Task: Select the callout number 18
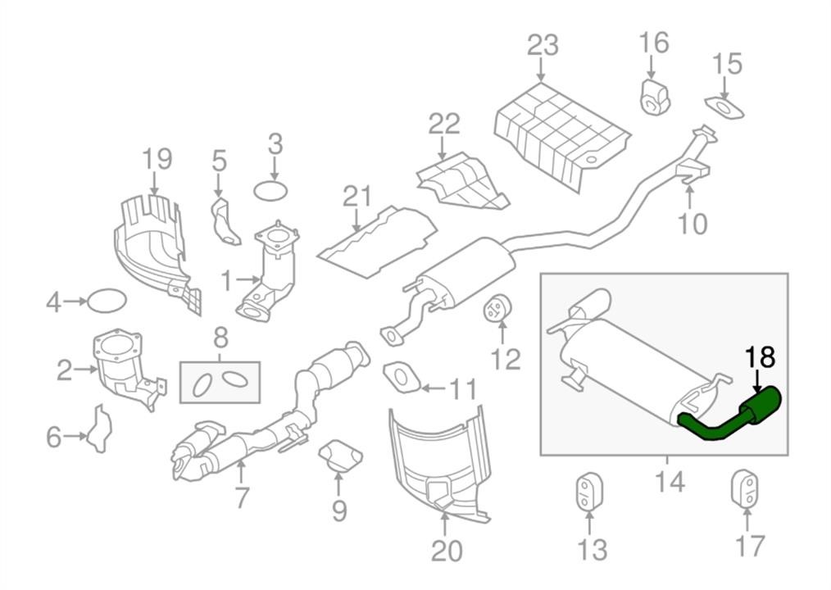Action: pos(760,358)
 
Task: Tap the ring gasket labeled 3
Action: pos(271,191)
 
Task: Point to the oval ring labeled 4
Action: pos(107,302)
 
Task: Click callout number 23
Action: pos(543,45)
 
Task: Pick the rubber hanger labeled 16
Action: pos(655,97)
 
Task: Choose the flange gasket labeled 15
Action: pos(724,107)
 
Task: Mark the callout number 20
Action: pos(447,551)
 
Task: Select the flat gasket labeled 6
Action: pos(99,429)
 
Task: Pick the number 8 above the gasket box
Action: pos(220,337)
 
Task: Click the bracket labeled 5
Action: pos(225,222)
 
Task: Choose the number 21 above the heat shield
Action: pos(357,196)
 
